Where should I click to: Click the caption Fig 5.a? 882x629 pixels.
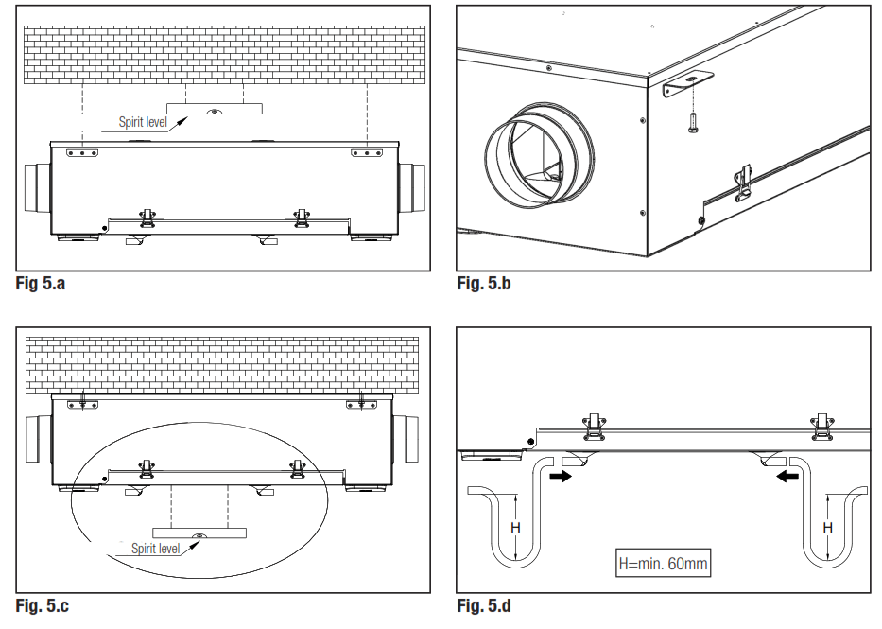pos(41,283)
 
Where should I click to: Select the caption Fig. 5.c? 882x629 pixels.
pos(43,605)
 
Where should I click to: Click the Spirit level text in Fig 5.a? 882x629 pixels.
pos(142,122)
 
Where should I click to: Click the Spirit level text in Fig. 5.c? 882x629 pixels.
pos(155,548)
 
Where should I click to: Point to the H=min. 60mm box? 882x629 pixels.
pos(662,564)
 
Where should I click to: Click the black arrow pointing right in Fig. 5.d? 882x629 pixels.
pos(561,478)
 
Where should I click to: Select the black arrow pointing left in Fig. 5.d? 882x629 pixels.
pos(787,478)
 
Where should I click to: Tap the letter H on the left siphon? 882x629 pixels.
pos(515,527)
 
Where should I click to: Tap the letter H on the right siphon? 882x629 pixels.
pos(827,527)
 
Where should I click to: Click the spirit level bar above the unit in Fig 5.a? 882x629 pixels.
pos(215,111)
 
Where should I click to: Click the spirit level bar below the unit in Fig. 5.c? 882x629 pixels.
pos(199,533)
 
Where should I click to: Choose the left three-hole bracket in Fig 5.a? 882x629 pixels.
pos(82,151)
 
